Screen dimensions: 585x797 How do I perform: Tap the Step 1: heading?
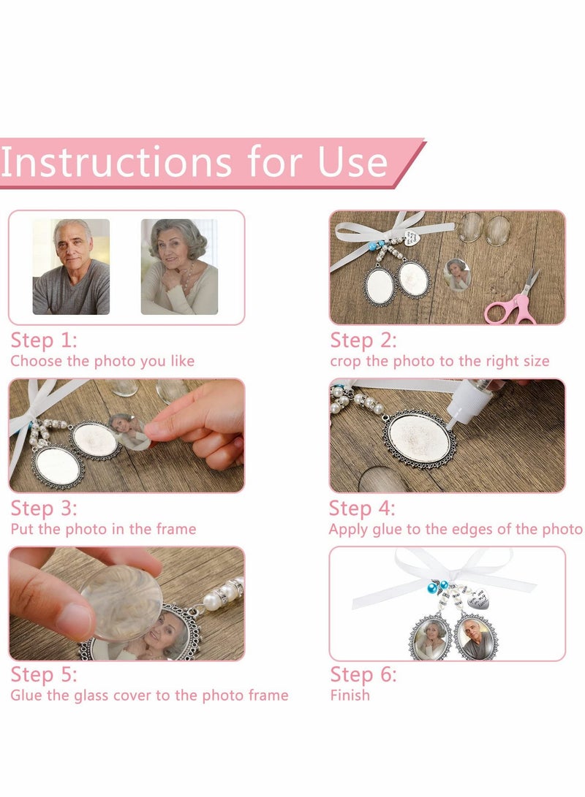coord(44,340)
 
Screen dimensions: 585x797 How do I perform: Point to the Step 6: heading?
coord(363,674)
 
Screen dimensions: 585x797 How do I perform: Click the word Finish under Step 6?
coord(350,695)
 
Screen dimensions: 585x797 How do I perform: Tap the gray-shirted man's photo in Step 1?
coord(71,267)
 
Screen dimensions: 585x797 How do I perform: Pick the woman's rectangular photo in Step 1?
coord(179,267)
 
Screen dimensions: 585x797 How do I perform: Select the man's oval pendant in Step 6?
coord(475,638)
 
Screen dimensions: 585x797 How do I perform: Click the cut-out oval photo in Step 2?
coord(456,275)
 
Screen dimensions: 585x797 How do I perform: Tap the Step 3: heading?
coord(44,508)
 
